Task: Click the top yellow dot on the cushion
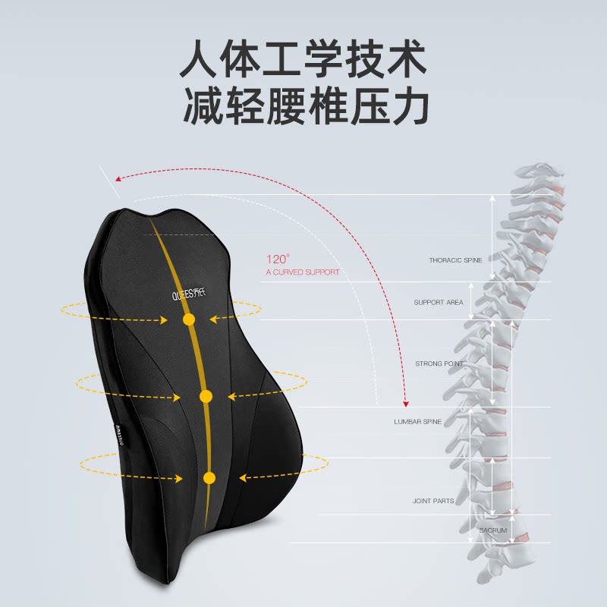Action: point(189,320)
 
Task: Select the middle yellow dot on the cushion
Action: point(206,396)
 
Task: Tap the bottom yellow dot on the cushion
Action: point(209,478)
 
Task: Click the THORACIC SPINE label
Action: point(455,260)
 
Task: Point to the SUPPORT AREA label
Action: point(439,303)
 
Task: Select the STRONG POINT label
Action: point(439,364)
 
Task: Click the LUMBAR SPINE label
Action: point(417,421)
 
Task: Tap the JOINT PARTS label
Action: point(433,501)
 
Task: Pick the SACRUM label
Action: point(493,530)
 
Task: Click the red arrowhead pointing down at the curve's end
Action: point(406,401)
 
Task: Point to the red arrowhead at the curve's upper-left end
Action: point(118,178)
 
